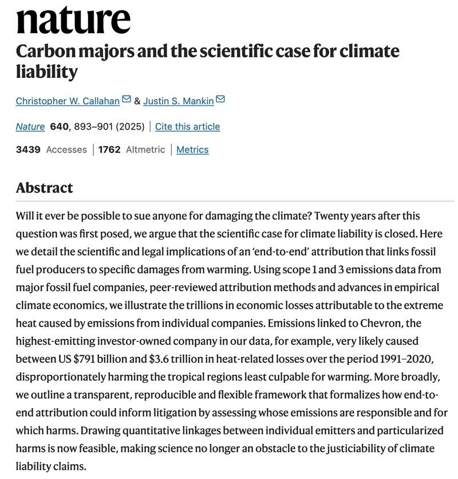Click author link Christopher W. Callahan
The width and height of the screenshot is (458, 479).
[68, 101]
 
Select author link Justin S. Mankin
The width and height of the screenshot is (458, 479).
[179, 101]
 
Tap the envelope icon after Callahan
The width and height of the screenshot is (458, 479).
[127, 100]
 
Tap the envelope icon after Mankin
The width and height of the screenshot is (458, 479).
[220, 100]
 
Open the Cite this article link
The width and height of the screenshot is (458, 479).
[187, 127]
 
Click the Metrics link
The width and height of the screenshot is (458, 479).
[192, 150]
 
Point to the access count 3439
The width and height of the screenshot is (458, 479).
[28, 150]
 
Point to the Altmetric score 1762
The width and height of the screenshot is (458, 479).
[109, 150]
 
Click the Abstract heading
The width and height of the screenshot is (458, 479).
[45, 188]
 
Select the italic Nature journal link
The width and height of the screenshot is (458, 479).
[30, 127]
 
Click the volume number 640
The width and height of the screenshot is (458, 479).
[60, 127]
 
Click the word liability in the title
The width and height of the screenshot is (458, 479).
[46, 72]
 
